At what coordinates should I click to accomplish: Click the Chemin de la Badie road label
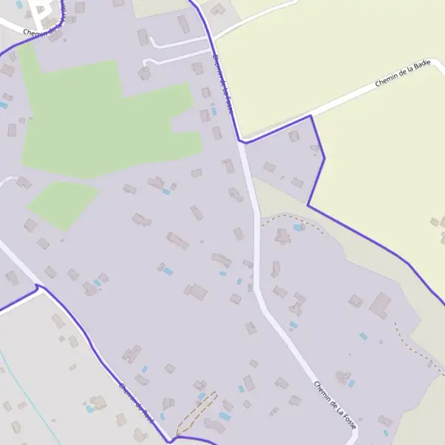[403, 76]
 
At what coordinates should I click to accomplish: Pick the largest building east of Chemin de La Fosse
[380, 305]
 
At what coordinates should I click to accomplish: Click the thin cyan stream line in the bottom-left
[30, 393]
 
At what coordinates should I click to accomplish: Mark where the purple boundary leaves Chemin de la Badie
[310, 116]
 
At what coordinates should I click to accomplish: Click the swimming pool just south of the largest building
[363, 336]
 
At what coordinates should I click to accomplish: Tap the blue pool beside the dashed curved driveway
[298, 227]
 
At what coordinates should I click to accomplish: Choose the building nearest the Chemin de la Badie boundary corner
[294, 136]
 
